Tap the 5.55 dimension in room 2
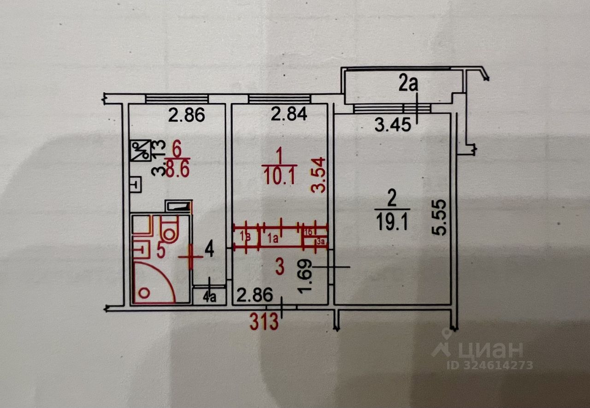[x=441, y=218]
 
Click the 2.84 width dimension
[x=289, y=115]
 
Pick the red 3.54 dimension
[x=320, y=176]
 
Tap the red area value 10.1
[x=279, y=176]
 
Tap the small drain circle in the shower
[x=144, y=292]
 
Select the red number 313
[x=264, y=322]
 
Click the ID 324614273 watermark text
[x=490, y=365]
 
